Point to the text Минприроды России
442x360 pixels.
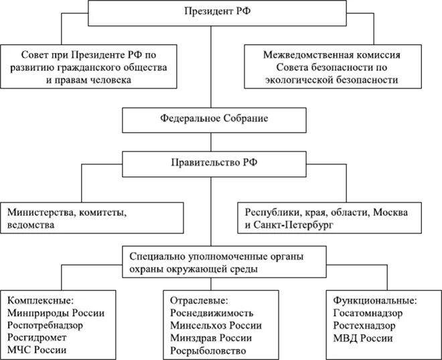(56, 312)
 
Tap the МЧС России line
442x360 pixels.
(38, 351)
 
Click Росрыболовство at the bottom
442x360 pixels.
(208, 351)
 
